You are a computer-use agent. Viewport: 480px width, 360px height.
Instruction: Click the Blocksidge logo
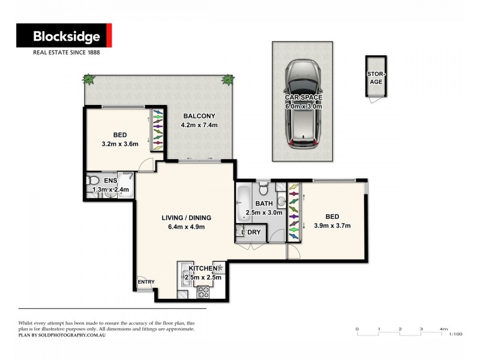pyautogui.click(x=64, y=37)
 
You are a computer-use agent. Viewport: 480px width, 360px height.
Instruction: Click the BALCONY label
pyautogui.click(x=199, y=116)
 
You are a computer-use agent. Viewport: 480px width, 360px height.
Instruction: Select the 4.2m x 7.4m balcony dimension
pyautogui.click(x=199, y=125)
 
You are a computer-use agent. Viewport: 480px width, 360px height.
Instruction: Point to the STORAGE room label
pyautogui.click(x=376, y=78)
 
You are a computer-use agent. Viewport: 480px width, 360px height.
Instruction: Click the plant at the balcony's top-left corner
pyautogui.click(x=89, y=79)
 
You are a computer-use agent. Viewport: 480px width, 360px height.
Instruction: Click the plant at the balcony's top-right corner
pyautogui.click(x=227, y=79)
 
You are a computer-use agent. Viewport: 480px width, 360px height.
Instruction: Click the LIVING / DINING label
pyautogui.click(x=187, y=218)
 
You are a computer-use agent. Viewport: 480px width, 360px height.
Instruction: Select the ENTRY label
pyautogui.click(x=146, y=281)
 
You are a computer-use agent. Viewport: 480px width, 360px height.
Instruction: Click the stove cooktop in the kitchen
pyautogui.click(x=203, y=292)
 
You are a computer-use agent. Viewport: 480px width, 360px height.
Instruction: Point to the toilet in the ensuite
pyautogui.click(x=92, y=181)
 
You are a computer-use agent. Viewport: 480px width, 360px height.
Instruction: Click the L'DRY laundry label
pyautogui.click(x=250, y=232)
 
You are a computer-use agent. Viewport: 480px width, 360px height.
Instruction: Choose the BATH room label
pyautogui.click(x=264, y=204)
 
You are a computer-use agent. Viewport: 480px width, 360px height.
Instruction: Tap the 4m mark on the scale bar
pyautogui.click(x=443, y=329)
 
